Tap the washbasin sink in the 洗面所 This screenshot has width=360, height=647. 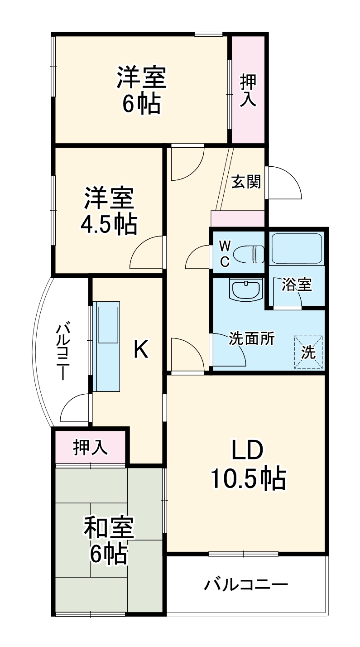coord(246,290)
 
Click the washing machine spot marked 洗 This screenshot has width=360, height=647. coord(308,352)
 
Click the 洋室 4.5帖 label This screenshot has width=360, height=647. coord(109,211)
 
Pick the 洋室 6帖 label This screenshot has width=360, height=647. coord(142,90)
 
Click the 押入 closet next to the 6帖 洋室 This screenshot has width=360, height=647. coord(248,90)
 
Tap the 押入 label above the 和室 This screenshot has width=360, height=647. coord(90,447)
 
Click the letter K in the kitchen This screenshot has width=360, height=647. coord(141,349)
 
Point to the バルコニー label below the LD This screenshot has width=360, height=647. coord(245,585)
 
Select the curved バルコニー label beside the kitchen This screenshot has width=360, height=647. coord(63,352)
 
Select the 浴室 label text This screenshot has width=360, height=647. coord(297,285)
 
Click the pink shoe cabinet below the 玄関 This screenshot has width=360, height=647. coord(237,219)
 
